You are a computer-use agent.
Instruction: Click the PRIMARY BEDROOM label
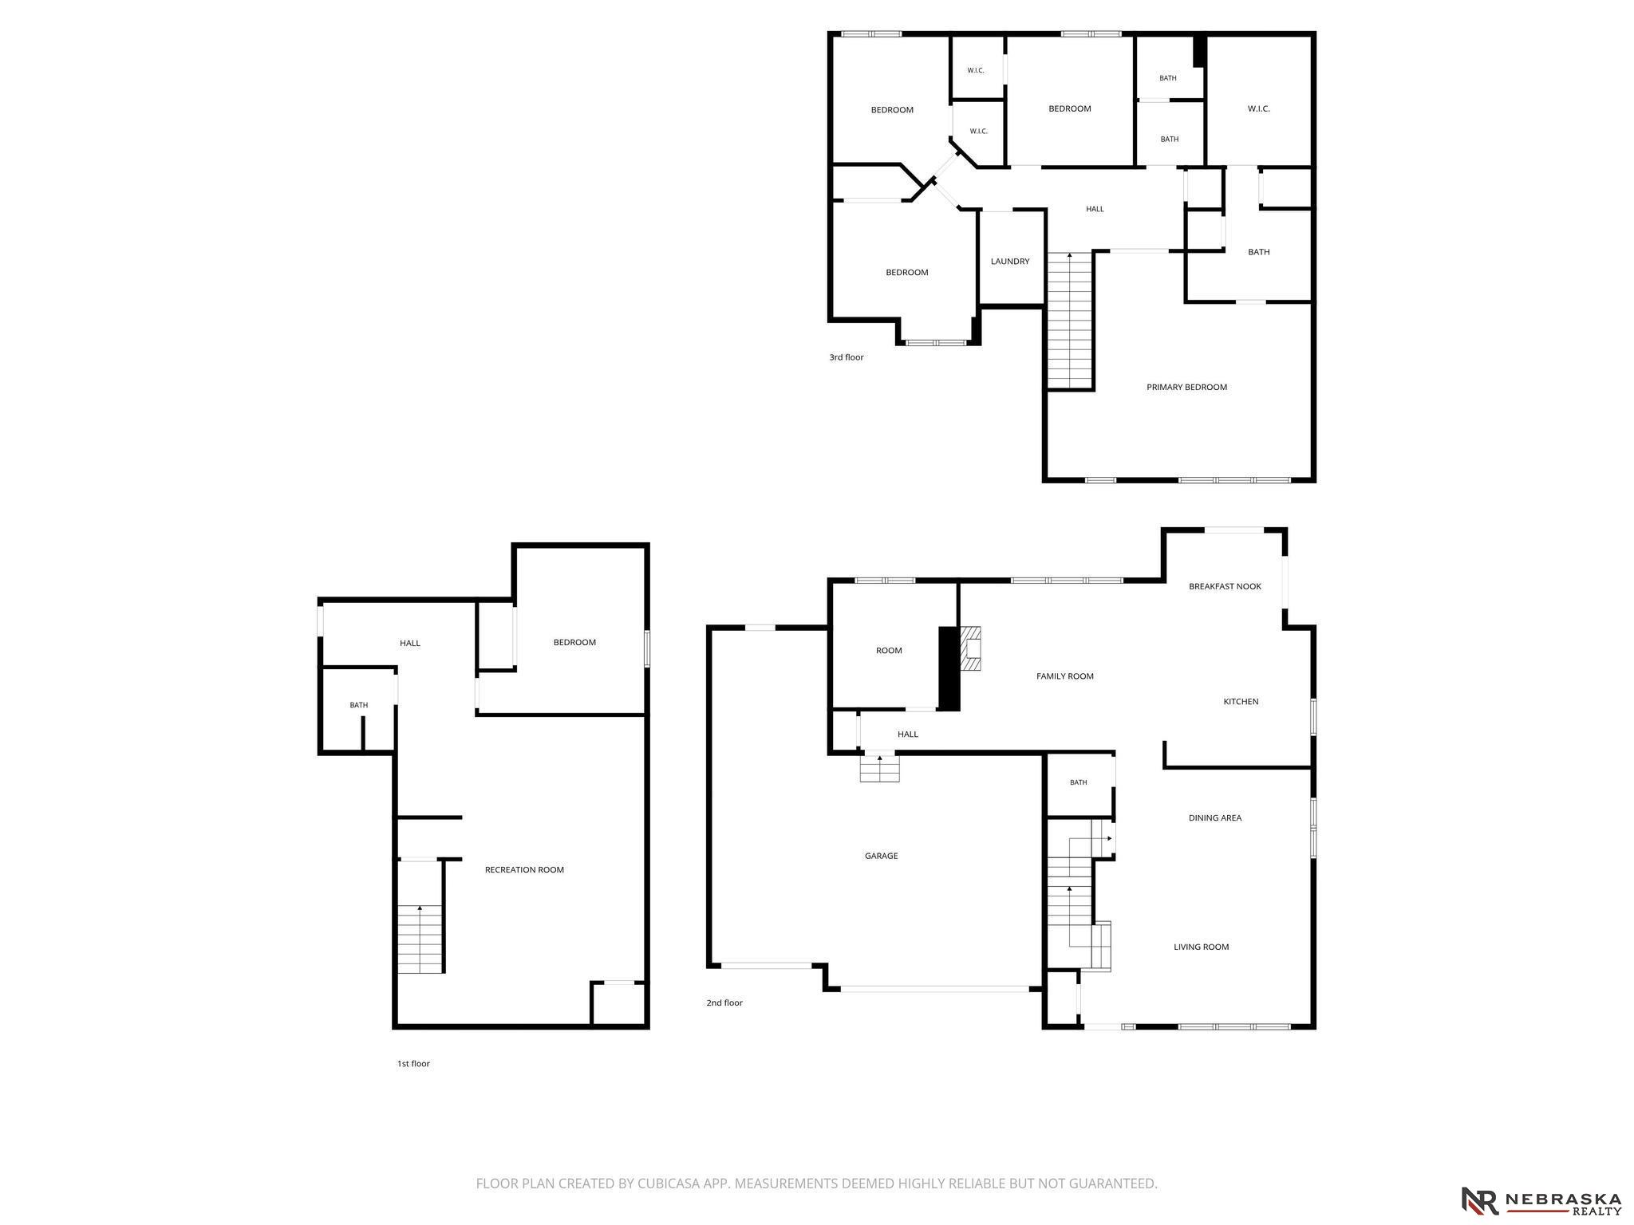point(1186,388)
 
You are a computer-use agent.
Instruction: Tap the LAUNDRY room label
point(1010,262)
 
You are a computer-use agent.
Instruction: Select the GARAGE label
point(882,856)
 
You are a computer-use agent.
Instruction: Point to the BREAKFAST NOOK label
point(1225,586)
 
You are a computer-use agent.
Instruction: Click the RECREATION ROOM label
point(524,870)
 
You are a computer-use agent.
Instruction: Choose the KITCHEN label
point(1241,702)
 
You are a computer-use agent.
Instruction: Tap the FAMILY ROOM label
point(1064,676)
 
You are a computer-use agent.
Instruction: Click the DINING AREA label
point(1215,818)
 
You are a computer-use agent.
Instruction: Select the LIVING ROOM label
point(1201,947)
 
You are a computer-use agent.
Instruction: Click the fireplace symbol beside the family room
point(969,648)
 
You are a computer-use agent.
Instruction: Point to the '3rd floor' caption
point(846,357)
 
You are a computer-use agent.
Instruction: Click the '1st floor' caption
point(413,1064)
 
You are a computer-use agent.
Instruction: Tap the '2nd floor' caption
point(724,1003)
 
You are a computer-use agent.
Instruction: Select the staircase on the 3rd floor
point(1069,321)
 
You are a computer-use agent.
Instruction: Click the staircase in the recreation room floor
point(420,939)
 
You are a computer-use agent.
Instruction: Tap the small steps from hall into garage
point(879,768)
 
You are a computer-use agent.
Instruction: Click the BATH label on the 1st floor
point(358,705)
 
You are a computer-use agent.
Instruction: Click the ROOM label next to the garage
point(889,651)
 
